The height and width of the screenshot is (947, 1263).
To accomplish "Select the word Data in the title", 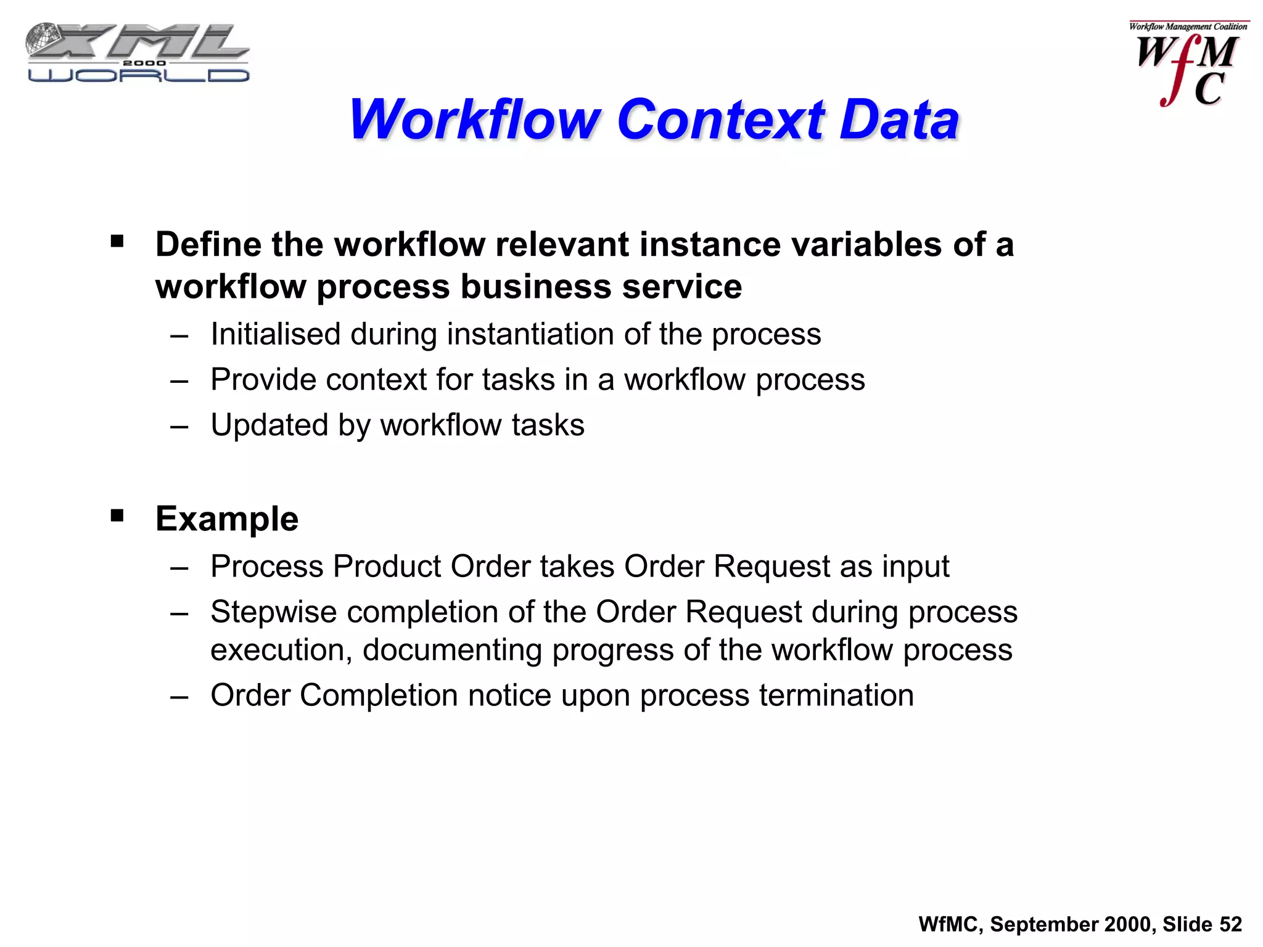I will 899,120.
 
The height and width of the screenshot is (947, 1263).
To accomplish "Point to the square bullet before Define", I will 117,241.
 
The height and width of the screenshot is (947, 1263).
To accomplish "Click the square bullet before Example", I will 117,515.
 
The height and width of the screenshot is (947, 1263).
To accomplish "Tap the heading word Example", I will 227,519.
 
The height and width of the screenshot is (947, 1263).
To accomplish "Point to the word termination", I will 836,695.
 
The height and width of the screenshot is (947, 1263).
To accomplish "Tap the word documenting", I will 452,650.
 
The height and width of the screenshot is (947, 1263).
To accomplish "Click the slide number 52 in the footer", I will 1230,924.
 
